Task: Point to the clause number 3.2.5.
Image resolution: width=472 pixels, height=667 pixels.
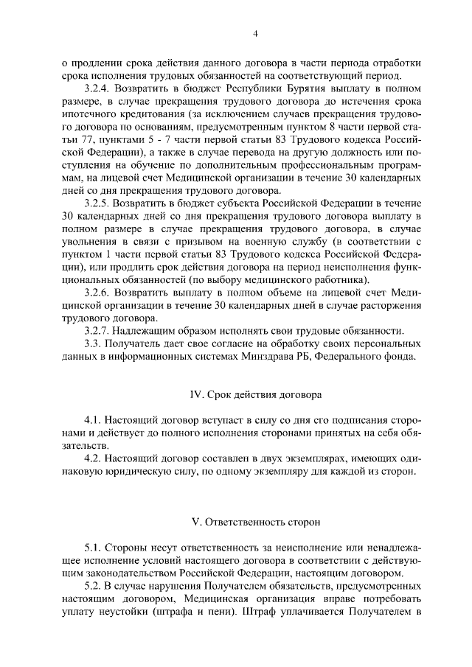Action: point(99,202)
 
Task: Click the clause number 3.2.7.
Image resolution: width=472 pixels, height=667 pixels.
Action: point(99,331)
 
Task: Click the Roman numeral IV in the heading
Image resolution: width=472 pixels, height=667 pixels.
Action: point(196,395)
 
